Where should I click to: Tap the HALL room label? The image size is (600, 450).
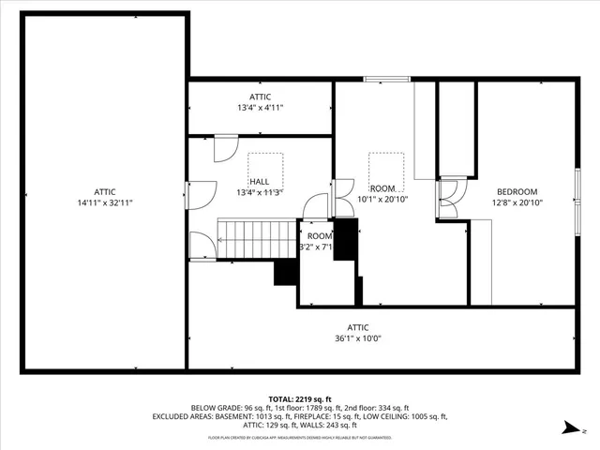(x=260, y=181)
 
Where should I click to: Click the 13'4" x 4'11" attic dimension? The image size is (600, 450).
(x=260, y=108)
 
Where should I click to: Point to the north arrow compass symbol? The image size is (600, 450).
(x=568, y=427)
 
